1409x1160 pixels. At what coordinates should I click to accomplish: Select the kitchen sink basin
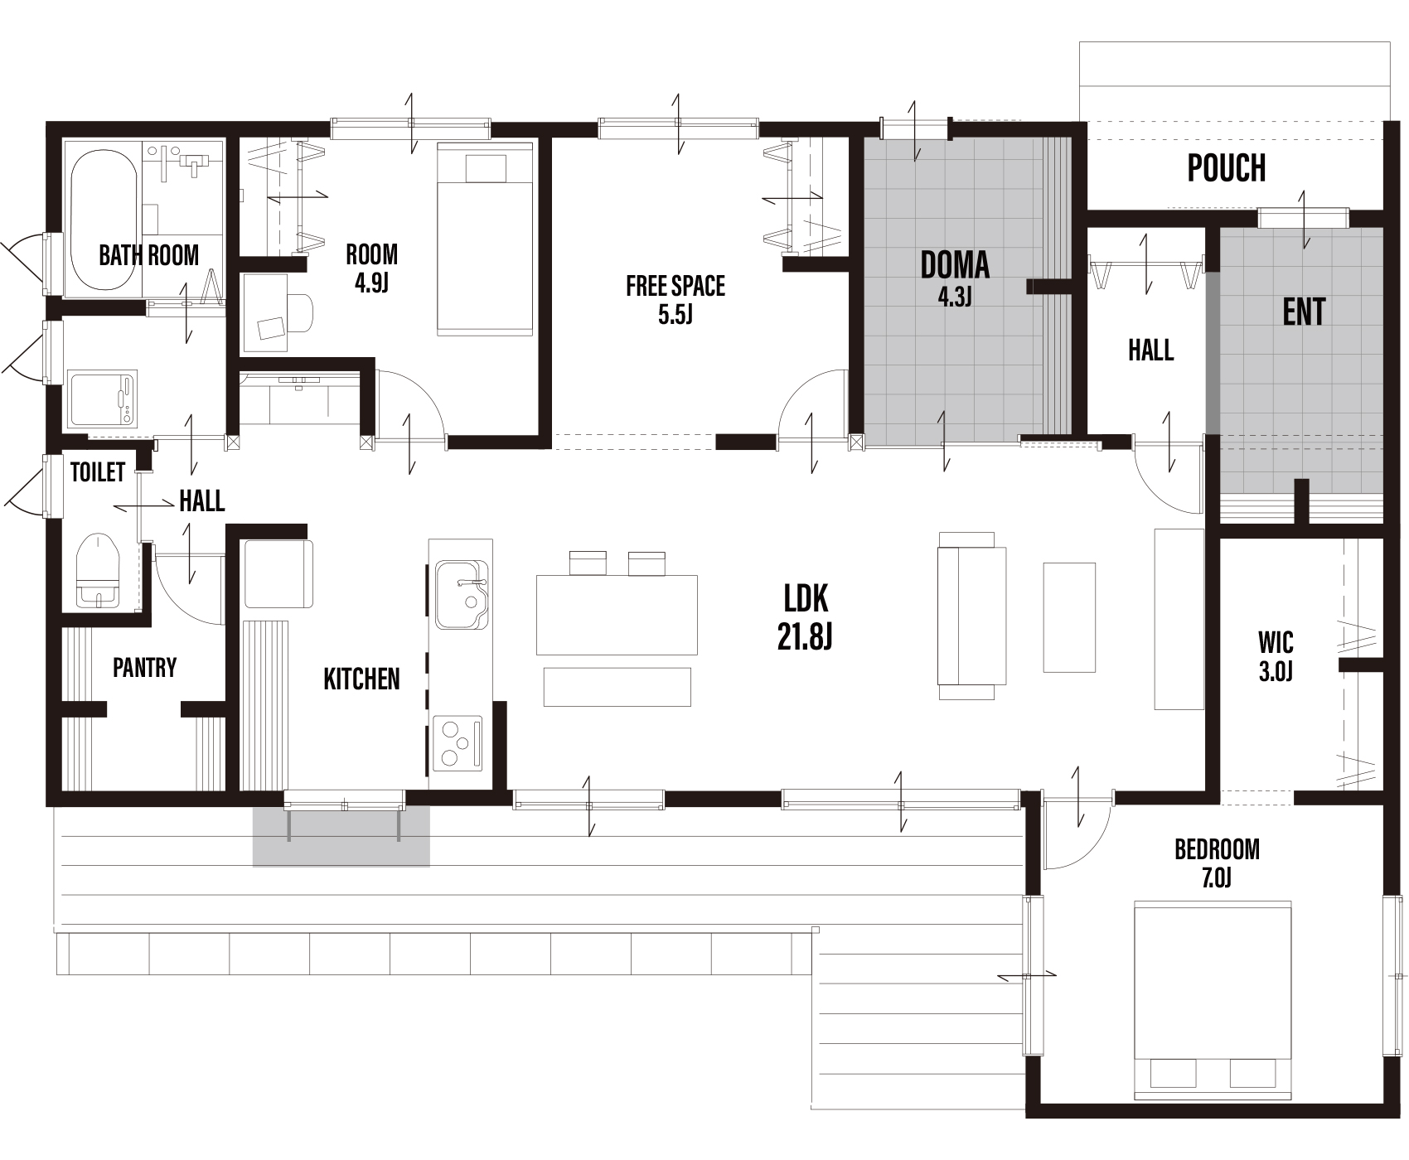462,594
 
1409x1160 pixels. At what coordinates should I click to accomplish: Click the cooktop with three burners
457,742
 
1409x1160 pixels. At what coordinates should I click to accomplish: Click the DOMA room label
955,265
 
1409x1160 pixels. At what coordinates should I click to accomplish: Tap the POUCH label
1227,168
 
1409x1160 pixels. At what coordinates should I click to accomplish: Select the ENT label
1304,312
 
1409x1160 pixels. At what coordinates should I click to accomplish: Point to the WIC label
1276,642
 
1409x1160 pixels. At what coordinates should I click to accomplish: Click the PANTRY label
145,667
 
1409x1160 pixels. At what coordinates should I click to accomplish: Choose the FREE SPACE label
675,286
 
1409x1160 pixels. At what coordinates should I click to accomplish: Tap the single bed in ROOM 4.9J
485,239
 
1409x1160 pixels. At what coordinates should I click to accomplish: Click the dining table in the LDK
617,615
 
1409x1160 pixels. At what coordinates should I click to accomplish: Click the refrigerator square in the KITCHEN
278,574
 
